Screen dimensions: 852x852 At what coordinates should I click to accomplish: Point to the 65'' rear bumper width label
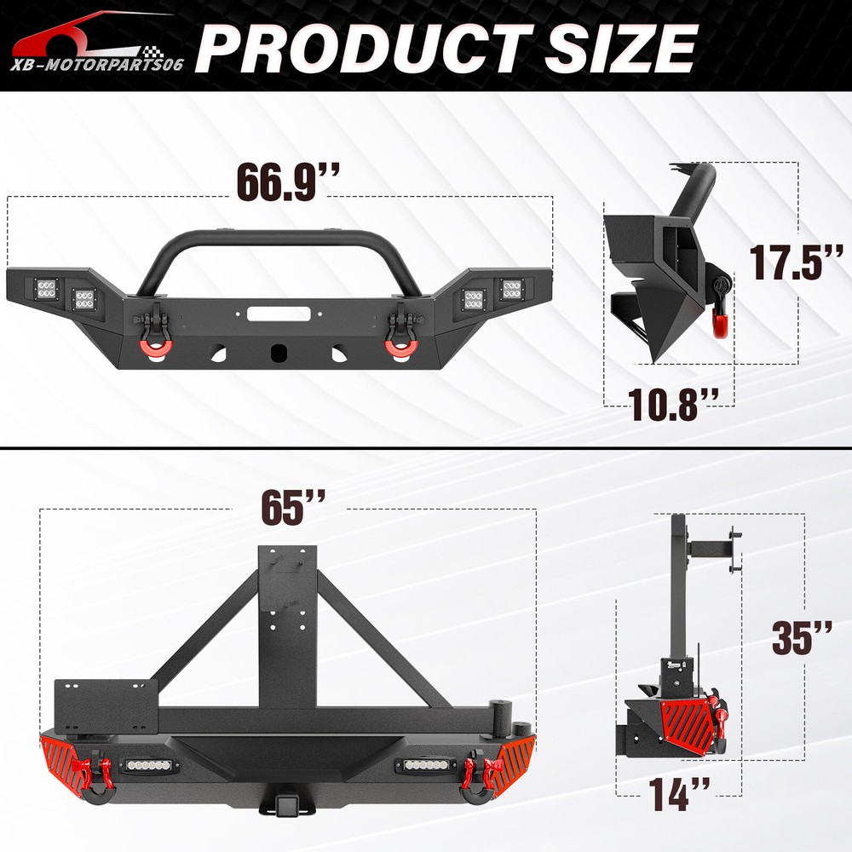point(293,508)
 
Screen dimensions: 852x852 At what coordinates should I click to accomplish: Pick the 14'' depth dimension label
point(679,794)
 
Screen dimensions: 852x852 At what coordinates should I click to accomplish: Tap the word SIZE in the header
point(620,48)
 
